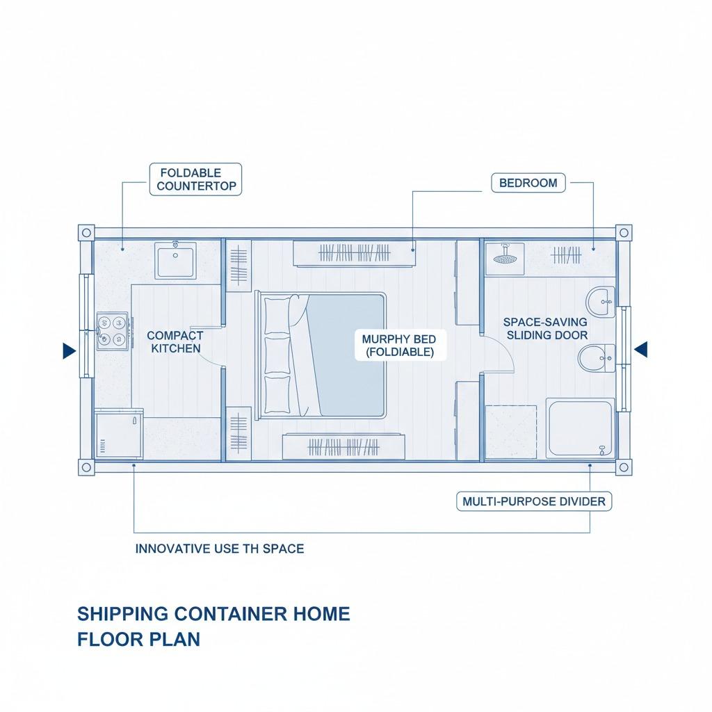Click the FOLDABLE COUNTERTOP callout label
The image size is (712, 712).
pos(195,179)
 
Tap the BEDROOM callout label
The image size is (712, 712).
pos(528,183)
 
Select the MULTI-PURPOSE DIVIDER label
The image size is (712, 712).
pos(534,501)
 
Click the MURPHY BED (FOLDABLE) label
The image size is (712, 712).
pos(399,346)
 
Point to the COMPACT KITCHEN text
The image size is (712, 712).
pos(175,342)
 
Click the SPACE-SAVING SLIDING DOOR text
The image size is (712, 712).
pos(545,328)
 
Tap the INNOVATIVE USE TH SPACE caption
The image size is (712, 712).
pos(220,549)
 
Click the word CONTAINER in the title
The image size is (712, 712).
pos(231,614)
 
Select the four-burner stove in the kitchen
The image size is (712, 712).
pos(112,330)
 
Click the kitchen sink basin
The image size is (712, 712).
pos(176,260)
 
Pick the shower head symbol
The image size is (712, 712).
pos(504,257)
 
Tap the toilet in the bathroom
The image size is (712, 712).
pos(596,358)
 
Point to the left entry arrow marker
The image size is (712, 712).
pos(69,350)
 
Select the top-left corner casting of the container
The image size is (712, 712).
pos(86,234)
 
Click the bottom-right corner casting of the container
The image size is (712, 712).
pos(624,467)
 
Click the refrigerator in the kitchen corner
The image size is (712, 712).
pos(119,434)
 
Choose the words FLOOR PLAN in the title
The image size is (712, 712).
pos(138,640)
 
